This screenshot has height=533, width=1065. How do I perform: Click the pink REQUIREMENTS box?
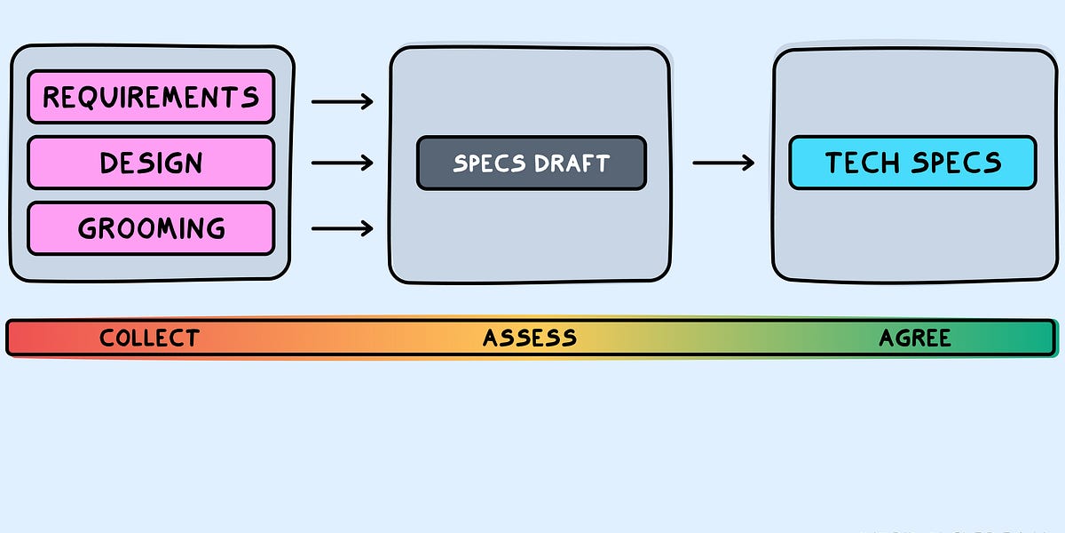tap(151, 97)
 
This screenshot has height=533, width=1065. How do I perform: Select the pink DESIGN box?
tap(151, 163)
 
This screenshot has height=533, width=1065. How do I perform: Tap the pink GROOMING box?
tap(151, 228)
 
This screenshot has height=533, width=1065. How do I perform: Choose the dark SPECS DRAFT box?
tap(532, 163)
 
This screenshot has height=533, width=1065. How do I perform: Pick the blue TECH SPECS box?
tap(912, 163)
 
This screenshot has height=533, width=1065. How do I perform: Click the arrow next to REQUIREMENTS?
tap(343, 102)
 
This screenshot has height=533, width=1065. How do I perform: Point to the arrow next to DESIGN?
tap(343, 163)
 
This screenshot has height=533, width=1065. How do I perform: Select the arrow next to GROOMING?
tap(343, 229)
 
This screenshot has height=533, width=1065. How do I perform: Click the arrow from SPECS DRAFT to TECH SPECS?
tap(723, 163)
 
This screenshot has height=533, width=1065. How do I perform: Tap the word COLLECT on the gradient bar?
tap(149, 338)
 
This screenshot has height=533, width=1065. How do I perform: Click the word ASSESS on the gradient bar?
tap(530, 338)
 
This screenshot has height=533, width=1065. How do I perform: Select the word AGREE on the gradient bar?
tap(915, 338)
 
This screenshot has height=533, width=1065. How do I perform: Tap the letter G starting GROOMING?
tap(88, 229)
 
